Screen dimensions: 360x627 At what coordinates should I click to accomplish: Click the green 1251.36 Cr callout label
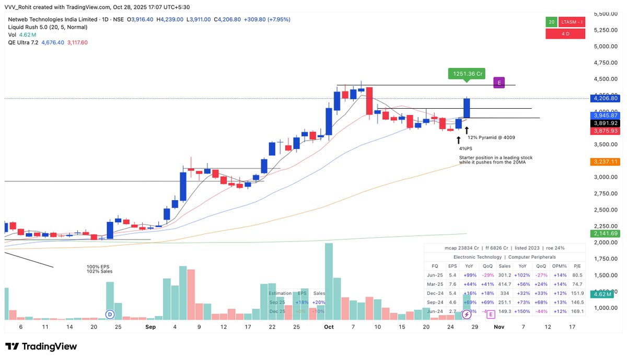click(x=468, y=74)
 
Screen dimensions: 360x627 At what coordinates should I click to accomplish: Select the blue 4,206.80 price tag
click(x=606, y=98)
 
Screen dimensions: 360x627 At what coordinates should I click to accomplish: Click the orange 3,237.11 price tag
click(x=606, y=162)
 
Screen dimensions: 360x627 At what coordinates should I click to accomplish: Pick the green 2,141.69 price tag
click(x=606, y=234)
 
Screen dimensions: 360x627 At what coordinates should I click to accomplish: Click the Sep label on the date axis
click(x=150, y=327)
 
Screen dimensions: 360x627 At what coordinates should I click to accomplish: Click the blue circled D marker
click(x=110, y=315)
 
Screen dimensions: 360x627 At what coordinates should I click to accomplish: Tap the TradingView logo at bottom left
click(x=41, y=346)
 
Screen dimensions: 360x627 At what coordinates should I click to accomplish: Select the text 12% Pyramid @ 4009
click(x=491, y=138)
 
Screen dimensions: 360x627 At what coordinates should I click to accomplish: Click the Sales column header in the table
click(x=504, y=265)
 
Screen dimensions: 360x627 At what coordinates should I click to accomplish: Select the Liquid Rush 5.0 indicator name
click(x=29, y=27)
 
